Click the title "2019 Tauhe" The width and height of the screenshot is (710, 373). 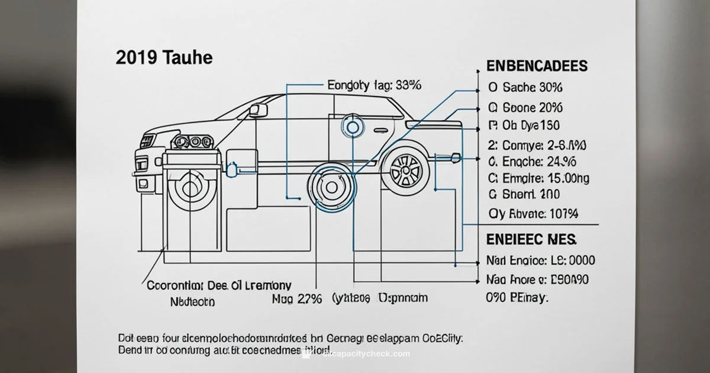pyautogui.click(x=164, y=58)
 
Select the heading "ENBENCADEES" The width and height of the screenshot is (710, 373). pyautogui.click(x=536, y=65)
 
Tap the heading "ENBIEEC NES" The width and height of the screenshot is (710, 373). pyautogui.click(x=531, y=240)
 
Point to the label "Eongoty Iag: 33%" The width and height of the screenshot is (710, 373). pyautogui.click(x=374, y=86)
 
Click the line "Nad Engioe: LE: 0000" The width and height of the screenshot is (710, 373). pyautogui.click(x=540, y=261)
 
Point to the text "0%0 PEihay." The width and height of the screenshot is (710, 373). pyautogui.click(x=517, y=298)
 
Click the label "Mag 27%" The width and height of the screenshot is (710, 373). pyautogui.click(x=296, y=298)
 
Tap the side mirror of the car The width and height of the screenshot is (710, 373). pyautogui.click(x=258, y=110)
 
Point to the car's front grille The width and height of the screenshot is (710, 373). pyautogui.click(x=146, y=142)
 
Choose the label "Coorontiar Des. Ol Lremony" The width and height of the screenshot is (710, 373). pyautogui.click(x=218, y=286)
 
